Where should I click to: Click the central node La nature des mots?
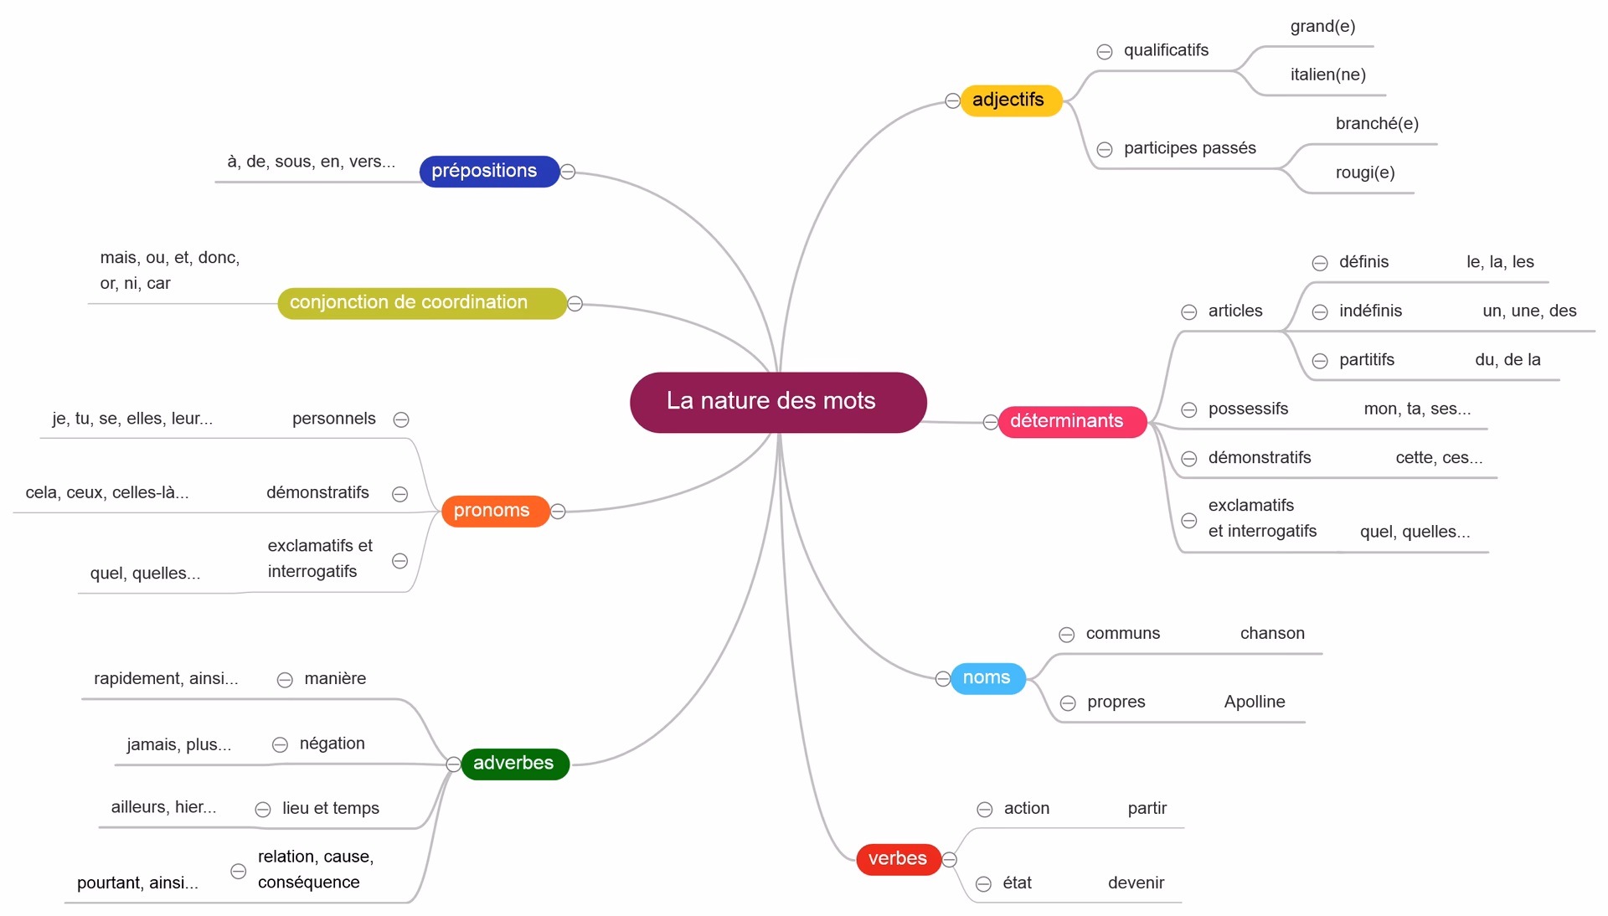point(777,402)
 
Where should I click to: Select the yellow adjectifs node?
point(1010,100)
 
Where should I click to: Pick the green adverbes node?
point(514,764)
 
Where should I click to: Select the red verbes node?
point(898,859)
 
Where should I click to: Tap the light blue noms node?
point(987,678)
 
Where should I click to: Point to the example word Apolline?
point(1254,702)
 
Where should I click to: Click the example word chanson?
point(1271,634)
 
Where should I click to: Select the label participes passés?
point(1189,148)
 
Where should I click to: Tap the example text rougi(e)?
point(1364,173)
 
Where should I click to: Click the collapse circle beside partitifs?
point(1320,361)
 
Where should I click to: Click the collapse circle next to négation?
point(281,744)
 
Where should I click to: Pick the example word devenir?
point(1136,883)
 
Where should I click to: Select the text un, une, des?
point(1528,311)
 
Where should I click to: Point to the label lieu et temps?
point(330,809)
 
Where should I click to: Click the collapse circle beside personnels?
point(401,419)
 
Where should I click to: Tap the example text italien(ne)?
point(1327,75)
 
